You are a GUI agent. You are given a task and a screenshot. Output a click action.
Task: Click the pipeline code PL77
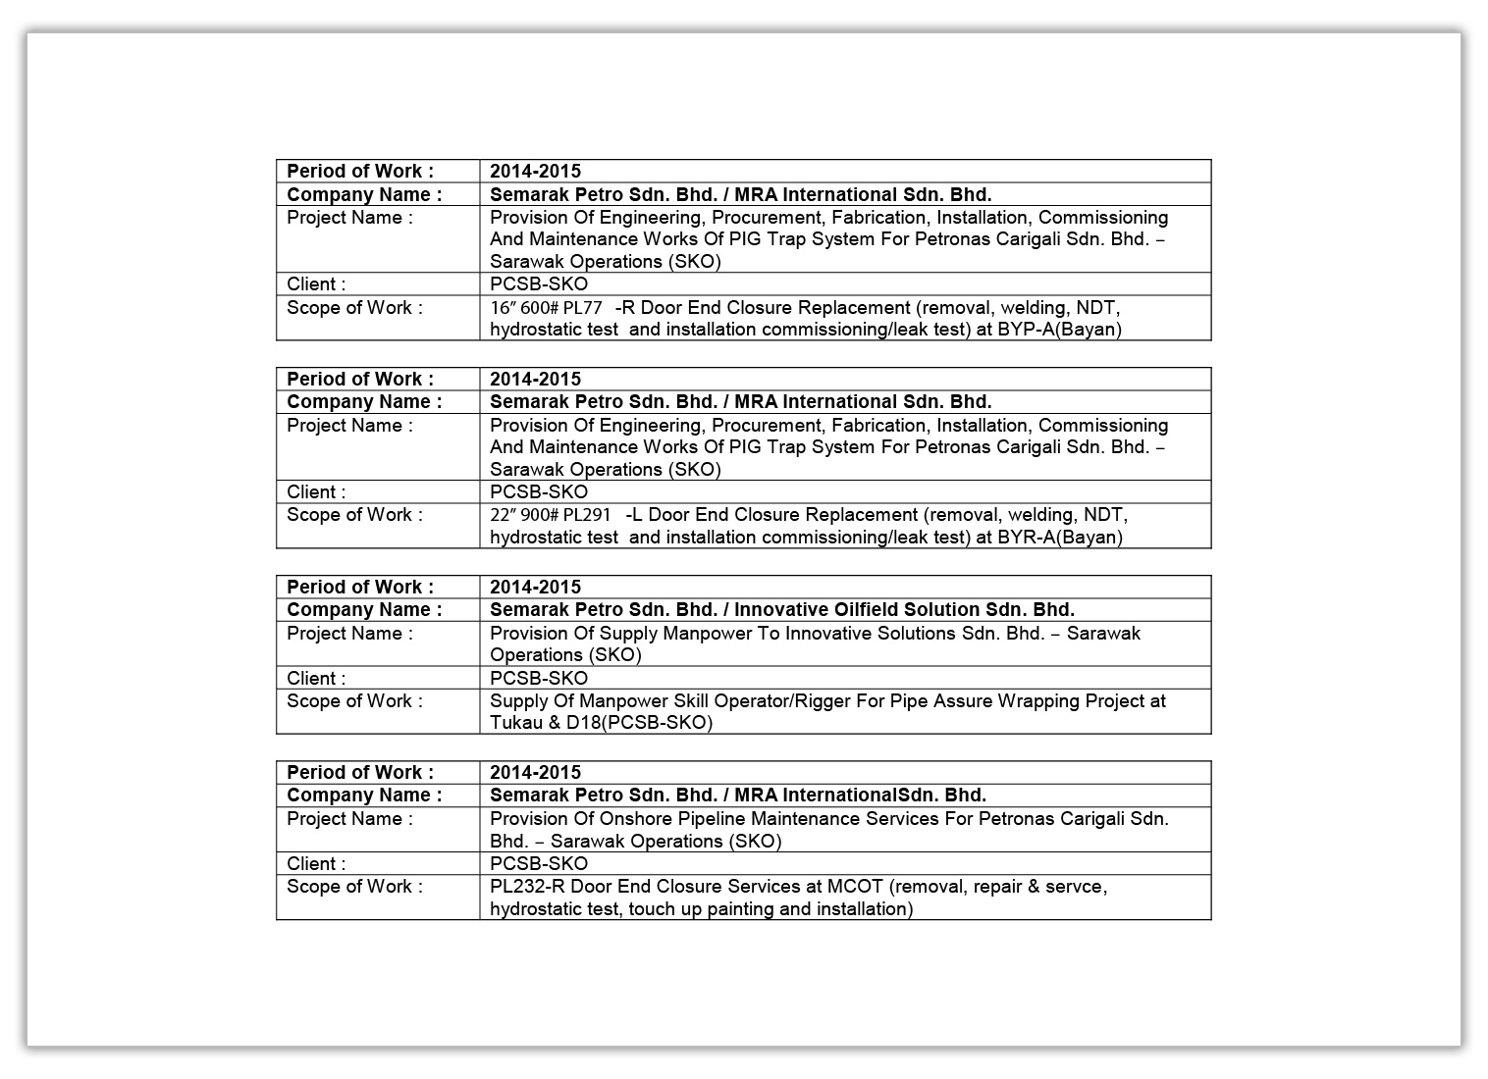point(582,308)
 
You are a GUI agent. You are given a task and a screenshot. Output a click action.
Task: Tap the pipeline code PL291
point(587,515)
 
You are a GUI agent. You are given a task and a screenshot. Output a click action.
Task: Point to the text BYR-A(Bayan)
point(1060,538)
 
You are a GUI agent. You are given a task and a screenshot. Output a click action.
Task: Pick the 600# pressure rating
point(539,308)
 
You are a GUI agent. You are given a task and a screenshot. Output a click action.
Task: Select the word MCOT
point(857,886)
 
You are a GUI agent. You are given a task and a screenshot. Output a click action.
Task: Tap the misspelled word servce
point(1077,886)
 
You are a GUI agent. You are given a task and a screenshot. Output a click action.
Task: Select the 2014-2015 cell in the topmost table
point(535,171)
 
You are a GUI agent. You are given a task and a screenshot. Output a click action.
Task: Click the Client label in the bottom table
point(316,863)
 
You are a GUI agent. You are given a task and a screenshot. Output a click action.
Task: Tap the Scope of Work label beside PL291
point(354,515)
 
